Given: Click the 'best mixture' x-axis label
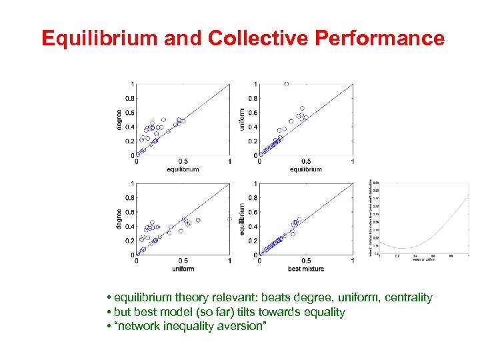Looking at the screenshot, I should coord(306,269).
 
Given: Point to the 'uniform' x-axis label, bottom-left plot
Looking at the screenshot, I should coord(183,269).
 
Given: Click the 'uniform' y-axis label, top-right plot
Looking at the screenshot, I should coord(242,119).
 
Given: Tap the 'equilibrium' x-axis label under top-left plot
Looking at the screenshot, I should coord(183,169).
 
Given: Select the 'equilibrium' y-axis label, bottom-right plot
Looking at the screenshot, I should coord(242,219).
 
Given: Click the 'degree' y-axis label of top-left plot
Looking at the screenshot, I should coord(119,119).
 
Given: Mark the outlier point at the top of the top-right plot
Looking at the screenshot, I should coord(287,84).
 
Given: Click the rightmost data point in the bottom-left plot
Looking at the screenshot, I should coord(229,219).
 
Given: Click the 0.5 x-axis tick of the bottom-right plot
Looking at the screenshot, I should coord(306,261).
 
